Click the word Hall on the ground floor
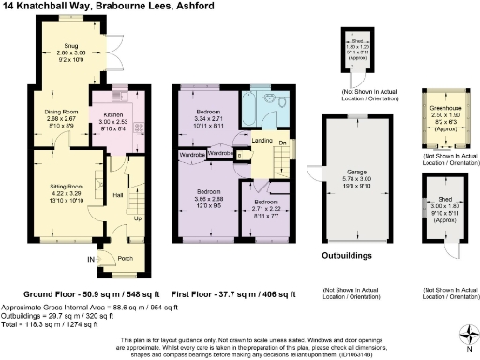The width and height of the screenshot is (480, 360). pos(119,194)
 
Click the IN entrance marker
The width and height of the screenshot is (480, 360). pos(91,259)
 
